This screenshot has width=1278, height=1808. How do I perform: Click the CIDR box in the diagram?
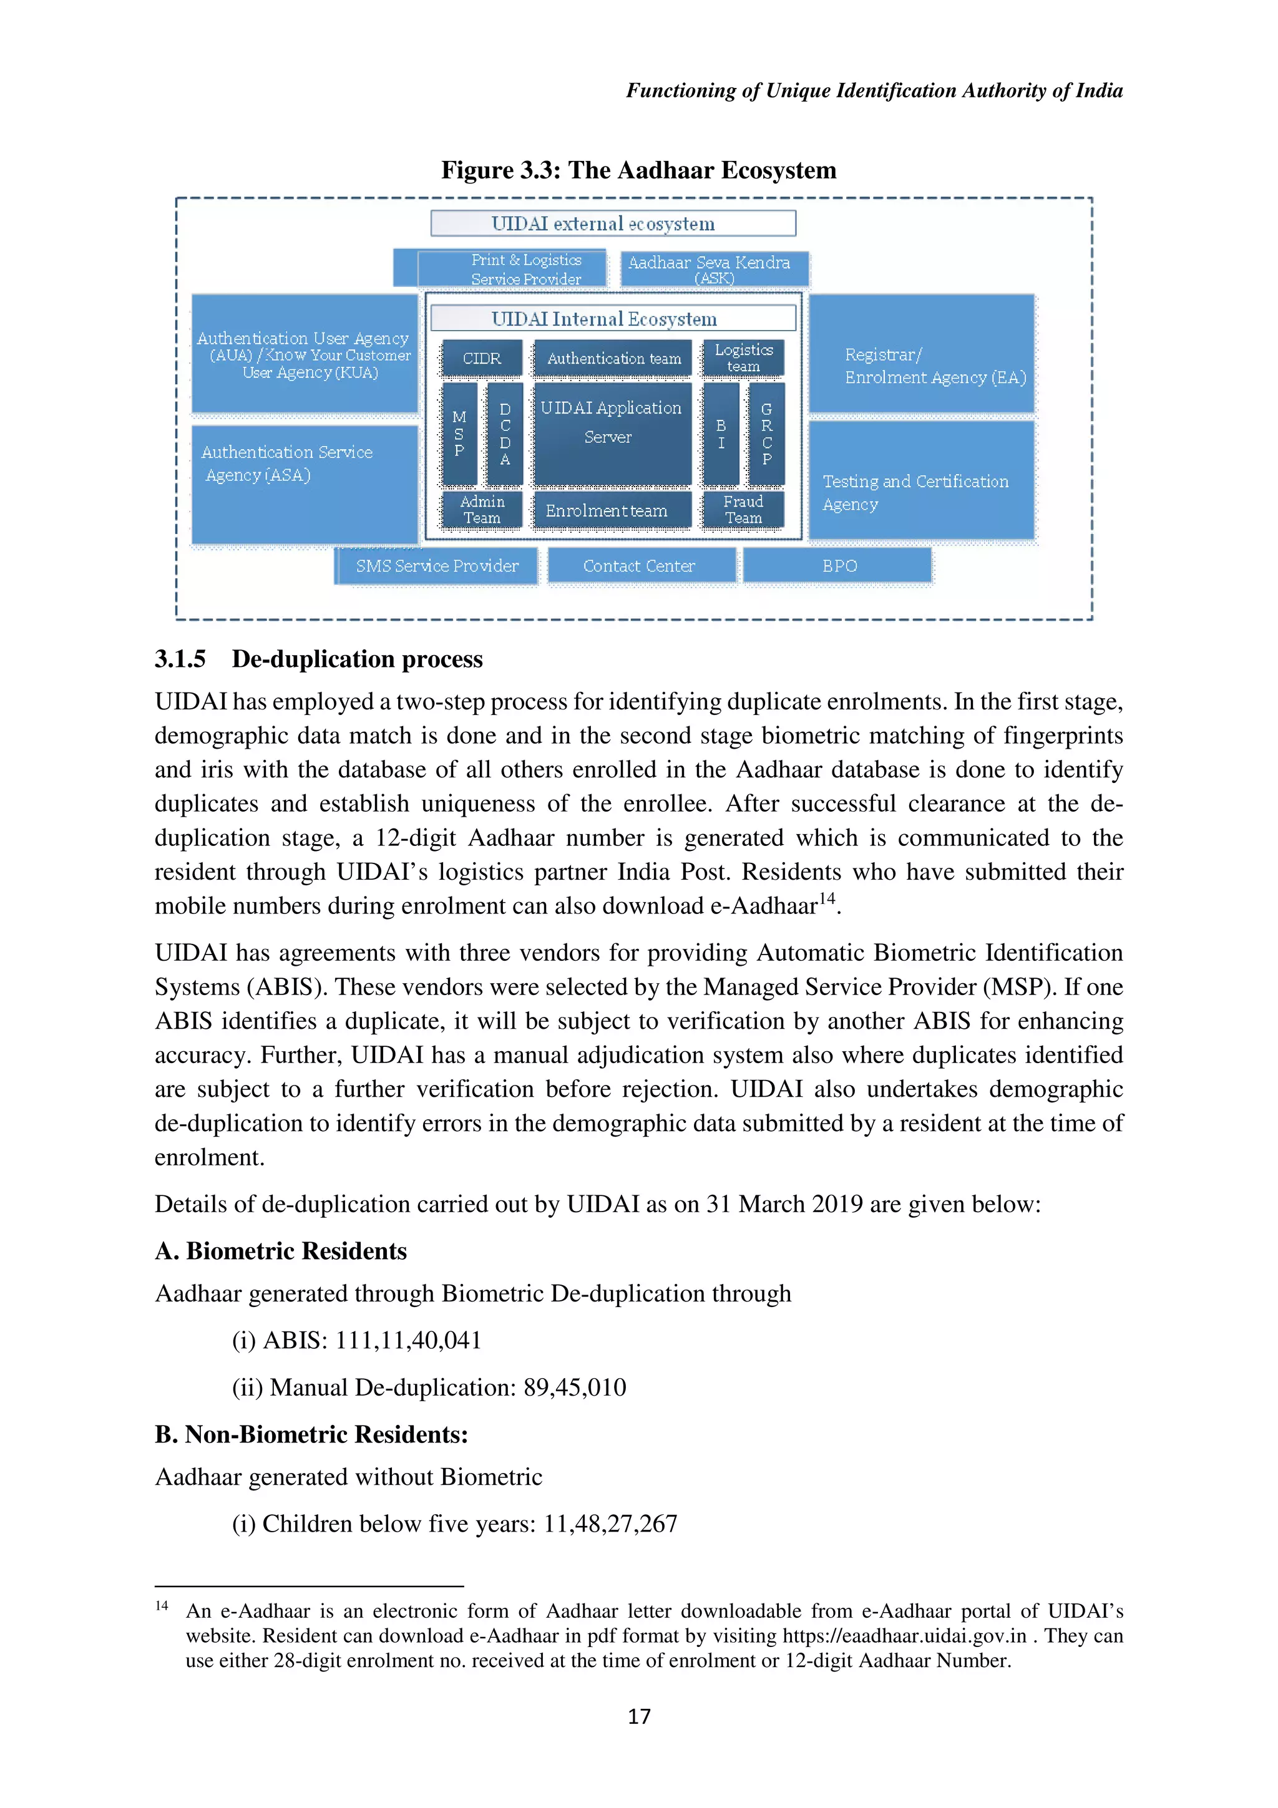482,358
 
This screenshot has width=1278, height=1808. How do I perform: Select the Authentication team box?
613,358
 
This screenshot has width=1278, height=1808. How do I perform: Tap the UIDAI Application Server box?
612,432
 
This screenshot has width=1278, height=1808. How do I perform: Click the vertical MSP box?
459,434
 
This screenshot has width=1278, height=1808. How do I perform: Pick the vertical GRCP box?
766,434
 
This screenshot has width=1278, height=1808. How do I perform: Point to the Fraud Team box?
743,510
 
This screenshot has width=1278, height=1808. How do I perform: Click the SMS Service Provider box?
437,566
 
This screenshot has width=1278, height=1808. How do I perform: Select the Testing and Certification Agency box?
920,481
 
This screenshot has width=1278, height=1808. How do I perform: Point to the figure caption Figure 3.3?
638,170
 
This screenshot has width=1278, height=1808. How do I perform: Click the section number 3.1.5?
180,659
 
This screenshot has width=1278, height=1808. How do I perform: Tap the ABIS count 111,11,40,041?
408,1340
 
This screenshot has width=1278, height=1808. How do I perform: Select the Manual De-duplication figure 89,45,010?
575,1388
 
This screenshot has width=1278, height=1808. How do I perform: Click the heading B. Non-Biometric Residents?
311,1434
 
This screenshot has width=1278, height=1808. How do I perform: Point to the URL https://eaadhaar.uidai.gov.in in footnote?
904,1636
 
